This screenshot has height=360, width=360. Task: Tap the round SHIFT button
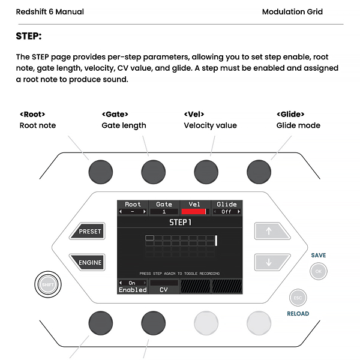46,284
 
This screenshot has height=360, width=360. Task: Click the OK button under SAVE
319,272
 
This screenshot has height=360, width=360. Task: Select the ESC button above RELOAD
298,297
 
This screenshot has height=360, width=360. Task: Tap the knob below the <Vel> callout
205,170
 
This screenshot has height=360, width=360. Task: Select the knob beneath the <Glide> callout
257,170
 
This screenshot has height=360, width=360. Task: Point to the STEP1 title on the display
180,223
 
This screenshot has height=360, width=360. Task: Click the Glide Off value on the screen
227,212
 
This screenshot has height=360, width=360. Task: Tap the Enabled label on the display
133,290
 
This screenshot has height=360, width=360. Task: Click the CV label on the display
164,290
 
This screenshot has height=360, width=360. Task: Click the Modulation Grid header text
292,11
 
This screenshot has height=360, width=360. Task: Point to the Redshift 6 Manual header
50,11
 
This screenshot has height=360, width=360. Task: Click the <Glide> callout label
290,114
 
